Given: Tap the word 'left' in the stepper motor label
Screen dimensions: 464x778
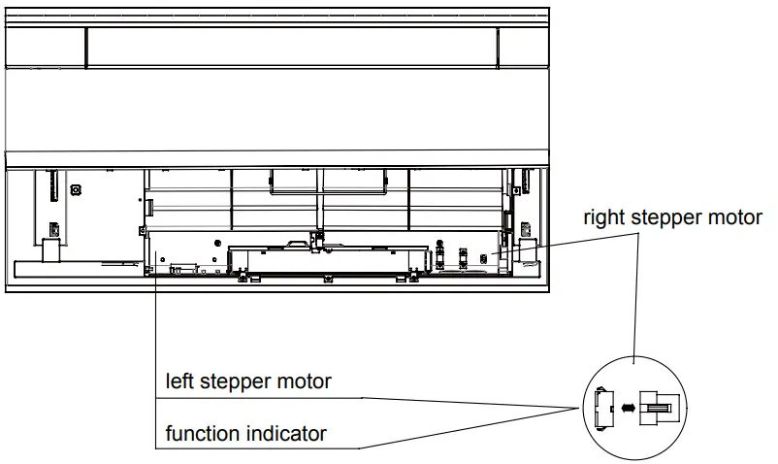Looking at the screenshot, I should (x=179, y=381).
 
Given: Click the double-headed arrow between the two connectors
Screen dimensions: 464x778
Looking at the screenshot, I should (x=629, y=409).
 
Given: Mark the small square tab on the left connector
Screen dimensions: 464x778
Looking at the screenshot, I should (x=599, y=393).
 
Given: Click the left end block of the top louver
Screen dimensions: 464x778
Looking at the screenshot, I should (x=46, y=47).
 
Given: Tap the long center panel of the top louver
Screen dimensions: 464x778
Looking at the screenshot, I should (x=291, y=47).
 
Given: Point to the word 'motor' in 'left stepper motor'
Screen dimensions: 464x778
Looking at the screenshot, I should (x=303, y=381).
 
